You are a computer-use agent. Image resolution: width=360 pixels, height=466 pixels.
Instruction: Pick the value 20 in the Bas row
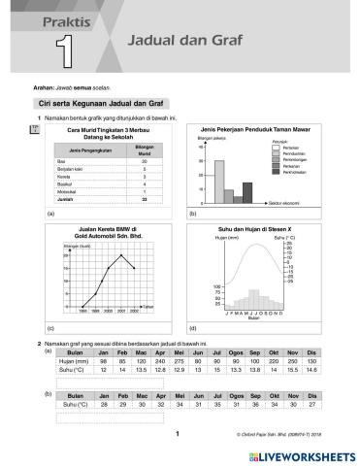pos(143,161)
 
